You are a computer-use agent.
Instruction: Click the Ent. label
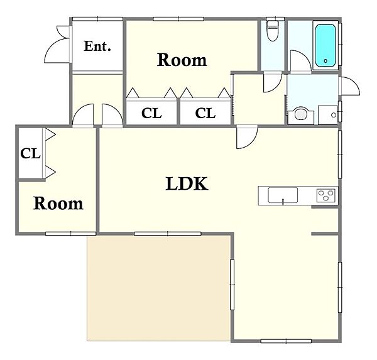point(97,46)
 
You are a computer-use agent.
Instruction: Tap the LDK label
point(187,183)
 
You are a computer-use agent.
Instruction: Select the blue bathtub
point(325,45)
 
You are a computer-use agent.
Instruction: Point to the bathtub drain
point(325,61)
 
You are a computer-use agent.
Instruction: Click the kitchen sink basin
point(283,195)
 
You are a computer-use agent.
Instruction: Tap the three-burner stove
point(326,195)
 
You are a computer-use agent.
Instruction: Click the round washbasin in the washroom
point(300,114)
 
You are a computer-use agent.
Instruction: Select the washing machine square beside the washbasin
point(327,115)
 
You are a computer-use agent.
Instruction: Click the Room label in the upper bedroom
point(182,60)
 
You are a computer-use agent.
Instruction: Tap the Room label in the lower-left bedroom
point(58,204)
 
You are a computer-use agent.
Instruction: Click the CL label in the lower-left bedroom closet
point(30,153)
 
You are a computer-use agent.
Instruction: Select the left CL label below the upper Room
point(151,113)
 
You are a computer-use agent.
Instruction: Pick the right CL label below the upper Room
point(205,113)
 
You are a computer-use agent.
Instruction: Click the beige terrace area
point(159,288)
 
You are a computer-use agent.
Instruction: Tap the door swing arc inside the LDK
point(251,143)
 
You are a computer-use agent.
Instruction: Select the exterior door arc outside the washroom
point(353,83)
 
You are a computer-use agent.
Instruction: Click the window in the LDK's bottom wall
point(286,341)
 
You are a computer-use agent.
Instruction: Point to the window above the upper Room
point(178,19)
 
